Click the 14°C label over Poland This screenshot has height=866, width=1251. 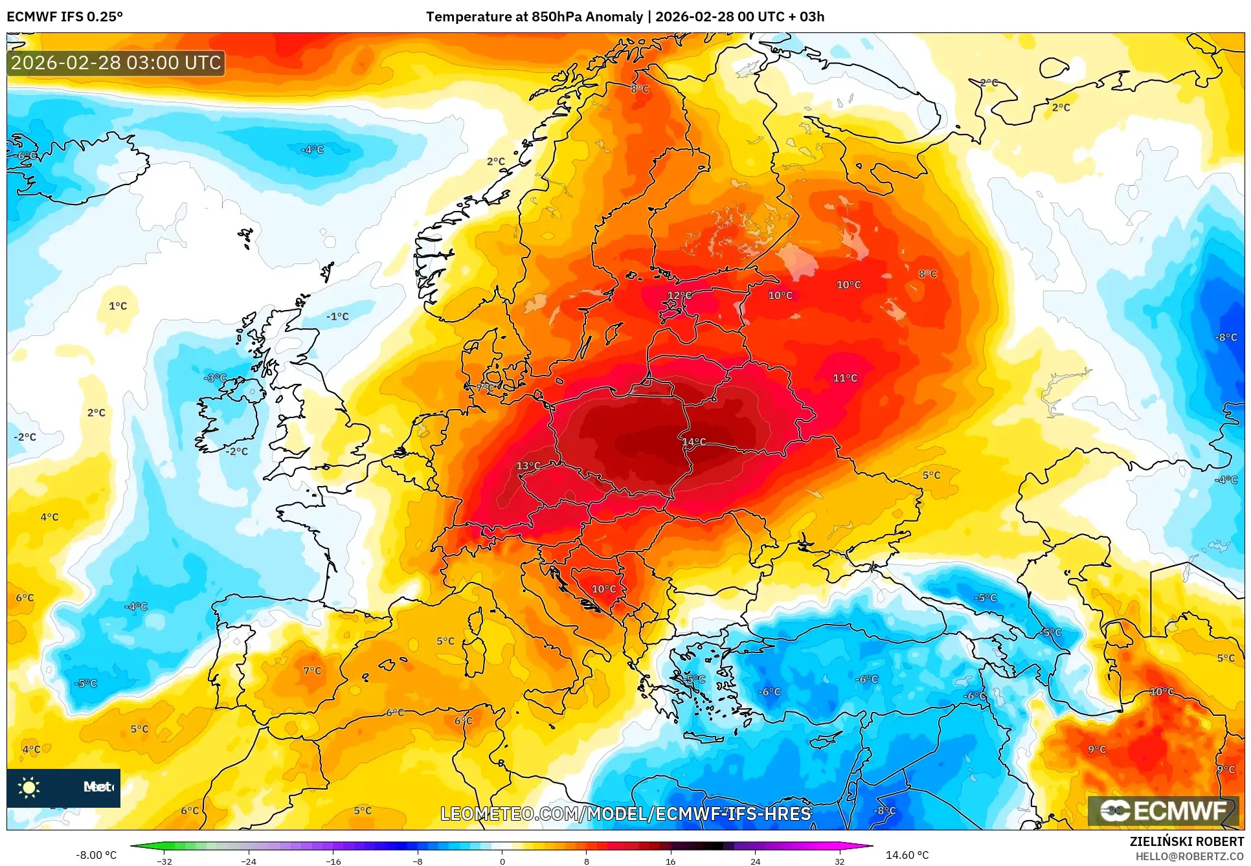(x=693, y=442)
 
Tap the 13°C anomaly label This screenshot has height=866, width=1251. (x=528, y=466)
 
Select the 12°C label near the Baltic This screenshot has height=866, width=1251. (x=679, y=296)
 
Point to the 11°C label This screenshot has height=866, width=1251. (x=844, y=378)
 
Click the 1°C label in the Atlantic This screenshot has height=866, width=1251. (x=118, y=306)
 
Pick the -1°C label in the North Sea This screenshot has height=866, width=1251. (x=337, y=316)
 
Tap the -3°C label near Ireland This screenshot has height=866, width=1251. (x=216, y=378)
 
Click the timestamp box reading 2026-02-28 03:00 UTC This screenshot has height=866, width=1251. (x=116, y=63)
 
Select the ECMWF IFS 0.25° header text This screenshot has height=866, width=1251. (x=65, y=17)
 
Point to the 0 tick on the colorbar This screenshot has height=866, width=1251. (x=502, y=861)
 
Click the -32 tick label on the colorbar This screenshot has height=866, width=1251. (x=164, y=861)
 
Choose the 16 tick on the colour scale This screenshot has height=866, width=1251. (x=670, y=861)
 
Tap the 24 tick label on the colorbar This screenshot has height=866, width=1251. (x=755, y=861)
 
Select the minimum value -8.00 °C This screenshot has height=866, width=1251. (x=96, y=855)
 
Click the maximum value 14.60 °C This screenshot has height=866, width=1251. (x=907, y=855)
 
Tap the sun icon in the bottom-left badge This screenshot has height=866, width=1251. (x=29, y=787)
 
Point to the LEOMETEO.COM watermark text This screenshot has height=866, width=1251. (x=625, y=814)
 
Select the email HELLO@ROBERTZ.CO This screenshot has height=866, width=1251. (x=1189, y=856)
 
